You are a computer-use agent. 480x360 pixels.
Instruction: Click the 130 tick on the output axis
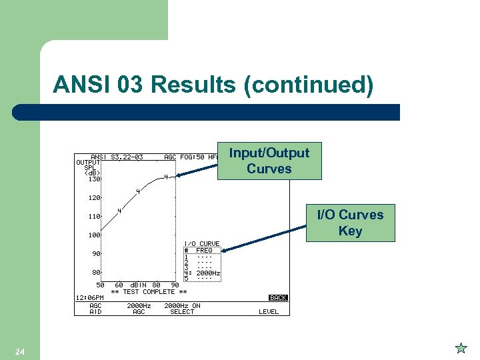[93, 179]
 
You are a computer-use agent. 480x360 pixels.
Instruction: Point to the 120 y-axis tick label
[93, 198]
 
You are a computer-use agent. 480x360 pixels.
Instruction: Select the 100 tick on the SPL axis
[93, 235]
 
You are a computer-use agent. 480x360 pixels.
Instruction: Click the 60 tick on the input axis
[119, 285]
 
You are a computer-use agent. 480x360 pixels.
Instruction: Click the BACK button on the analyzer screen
[278, 298]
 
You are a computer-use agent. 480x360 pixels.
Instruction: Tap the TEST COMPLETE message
[149, 291]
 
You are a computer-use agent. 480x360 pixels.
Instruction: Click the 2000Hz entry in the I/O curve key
[208, 273]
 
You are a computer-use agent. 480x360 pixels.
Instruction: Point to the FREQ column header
[204, 250]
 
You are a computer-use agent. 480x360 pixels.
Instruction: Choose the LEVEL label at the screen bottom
[269, 312]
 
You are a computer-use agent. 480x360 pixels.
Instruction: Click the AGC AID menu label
[96, 309]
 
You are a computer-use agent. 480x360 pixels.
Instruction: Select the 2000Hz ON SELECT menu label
[182, 309]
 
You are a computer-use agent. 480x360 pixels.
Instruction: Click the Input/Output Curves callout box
[269, 161]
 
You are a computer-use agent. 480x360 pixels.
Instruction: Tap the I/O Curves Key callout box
[350, 223]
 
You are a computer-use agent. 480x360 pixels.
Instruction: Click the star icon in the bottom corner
[461, 348]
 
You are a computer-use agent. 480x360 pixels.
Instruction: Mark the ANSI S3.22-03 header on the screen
[117, 157]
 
